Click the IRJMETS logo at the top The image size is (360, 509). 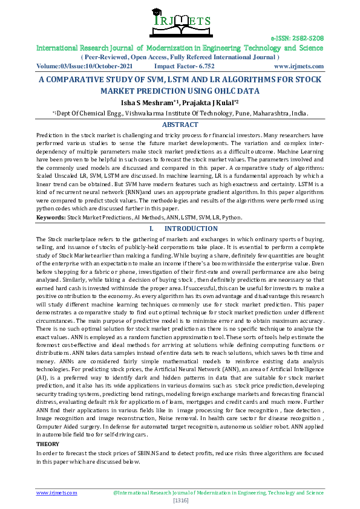[x=180, y=22]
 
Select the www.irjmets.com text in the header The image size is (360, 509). [x=298, y=66]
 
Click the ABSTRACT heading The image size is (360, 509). [x=180, y=125]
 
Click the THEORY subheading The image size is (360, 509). [x=48, y=444]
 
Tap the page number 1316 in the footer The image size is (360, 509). [x=180, y=501]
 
